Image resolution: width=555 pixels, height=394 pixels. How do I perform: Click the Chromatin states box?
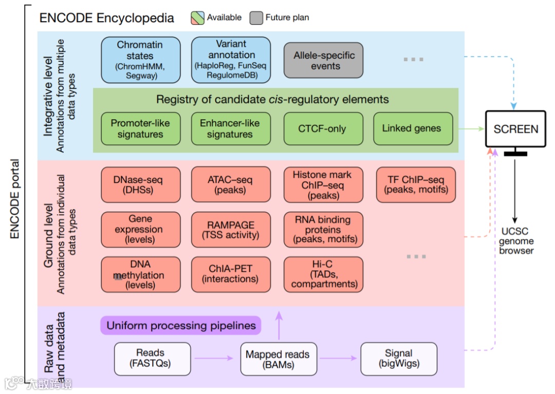pyautogui.click(x=140, y=60)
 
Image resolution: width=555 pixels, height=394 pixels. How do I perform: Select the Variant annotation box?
pyautogui.click(x=231, y=60)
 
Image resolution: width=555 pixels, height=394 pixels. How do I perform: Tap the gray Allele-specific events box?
pyautogui.click(x=324, y=60)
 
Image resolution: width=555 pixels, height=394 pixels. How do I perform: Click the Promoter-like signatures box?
pyautogui.click(x=140, y=128)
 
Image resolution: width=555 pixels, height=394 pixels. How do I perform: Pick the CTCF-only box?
pyautogui.click(x=323, y=128)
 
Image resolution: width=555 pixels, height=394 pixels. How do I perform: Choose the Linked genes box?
pyautogui.click(x=413, y=128)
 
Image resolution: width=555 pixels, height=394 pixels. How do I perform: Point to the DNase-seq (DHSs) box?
pyautogui.click(x=140, y=185)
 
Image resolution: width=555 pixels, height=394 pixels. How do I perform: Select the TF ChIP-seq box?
pyautogui.click(x=416, y=185)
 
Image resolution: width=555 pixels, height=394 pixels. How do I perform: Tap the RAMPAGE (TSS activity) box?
pyautogui.click(x=231, y=230)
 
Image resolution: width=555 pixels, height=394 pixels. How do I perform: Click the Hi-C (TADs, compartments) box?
pyautogui.click(x=323, y=274)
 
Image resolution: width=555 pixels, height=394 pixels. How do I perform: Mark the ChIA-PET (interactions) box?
pyautogui.click(x=231, y=274)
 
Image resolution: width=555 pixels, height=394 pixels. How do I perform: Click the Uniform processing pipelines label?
pyautogui.click(x=181, y=326)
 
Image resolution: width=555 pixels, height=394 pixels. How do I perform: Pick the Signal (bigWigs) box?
pyautogui.click(x=399, y=358)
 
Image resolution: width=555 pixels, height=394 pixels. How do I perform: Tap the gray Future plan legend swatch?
pyautogui.click(x=256, y=18)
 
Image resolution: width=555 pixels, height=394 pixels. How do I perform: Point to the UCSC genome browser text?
pyautogui.click(x=516, y=241)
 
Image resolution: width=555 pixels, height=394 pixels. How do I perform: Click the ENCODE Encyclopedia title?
pyautogui.click(x=107, y=18)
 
